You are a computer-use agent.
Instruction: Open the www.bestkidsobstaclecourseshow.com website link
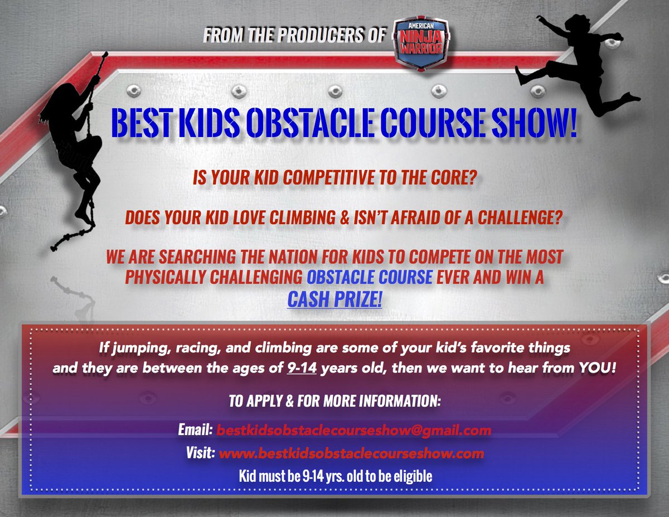tap(351, 453)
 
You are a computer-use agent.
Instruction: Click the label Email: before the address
tap(195, 430)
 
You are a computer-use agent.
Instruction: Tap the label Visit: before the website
tap(201, 453)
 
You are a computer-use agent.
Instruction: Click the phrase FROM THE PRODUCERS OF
tap(294, 36)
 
